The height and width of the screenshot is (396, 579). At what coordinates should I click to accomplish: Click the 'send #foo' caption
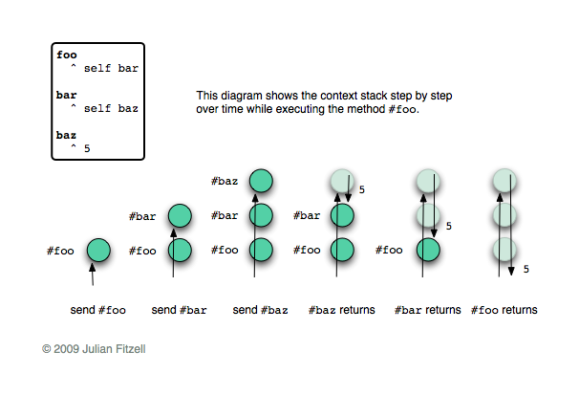tap(97, 310)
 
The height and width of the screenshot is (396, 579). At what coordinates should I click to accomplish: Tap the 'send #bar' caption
tap(179, 310)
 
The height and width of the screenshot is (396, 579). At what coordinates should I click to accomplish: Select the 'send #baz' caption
tap(260, 310)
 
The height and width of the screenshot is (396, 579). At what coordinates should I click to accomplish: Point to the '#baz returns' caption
tap(341, 310)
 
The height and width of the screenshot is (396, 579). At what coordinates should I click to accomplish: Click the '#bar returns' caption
tap(428, 310)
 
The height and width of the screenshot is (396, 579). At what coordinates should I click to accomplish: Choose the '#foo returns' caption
tap(504, 310)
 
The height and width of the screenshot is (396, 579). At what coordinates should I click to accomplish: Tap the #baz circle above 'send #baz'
tap(261, 180)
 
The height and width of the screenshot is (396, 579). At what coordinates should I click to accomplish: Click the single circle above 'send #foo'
tap(98, 251)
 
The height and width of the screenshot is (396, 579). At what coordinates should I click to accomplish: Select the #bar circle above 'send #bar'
tap(180, 215)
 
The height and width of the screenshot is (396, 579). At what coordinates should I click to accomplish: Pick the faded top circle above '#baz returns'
tap(342, 180)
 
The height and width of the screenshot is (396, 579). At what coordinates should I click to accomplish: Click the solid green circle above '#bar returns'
tap(429, 251)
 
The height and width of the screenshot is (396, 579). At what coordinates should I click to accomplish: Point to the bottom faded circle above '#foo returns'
tap(504, 251)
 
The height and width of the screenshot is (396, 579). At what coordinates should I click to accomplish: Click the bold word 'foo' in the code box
tap(67, 55)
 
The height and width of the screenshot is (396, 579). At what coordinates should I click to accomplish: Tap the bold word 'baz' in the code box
tap(67, 135)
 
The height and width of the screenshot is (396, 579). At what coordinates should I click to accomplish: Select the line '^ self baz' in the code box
tap(104, 109)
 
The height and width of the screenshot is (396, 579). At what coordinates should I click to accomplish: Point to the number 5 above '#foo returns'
tap(525, 269)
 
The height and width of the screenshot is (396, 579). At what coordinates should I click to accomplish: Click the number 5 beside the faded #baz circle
tap(362, 190)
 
